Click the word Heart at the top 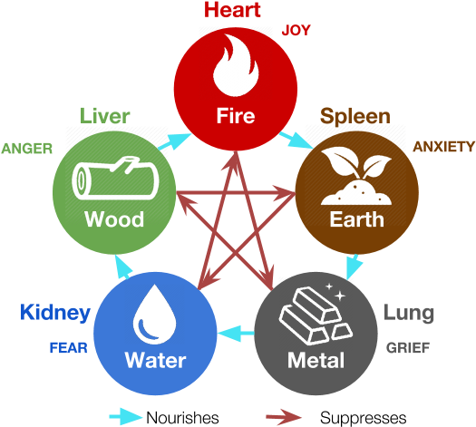pyautogui.click(x=232, y=10)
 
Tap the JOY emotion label pyautogui.click(x=296, y=30)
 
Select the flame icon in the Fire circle pyautogui.click(x=236, y=65)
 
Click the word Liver pyautogui.click(x=105, y=116)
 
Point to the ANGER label pyautogui.click(x=26, y=149)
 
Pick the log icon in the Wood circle pyautogui.click(x=115, y=179)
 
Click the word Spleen pyautogui.click(x=355, y=117)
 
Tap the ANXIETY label pyautogui.click(x=443, y=147)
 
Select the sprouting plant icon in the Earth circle pyautogui.click(x=356, y=176)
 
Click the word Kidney pyautogui.click(x=55, y=313)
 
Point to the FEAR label pyautogui.click(x=69, y=348)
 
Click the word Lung pyautogui.click(x=409, y=314)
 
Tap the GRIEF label pyautogui.click(x=408, y=348)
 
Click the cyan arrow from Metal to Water pyautogui.click(x=236, y=334)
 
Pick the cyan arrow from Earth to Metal pyautogui.click(x=354, y=266)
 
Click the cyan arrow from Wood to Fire pyautogui.click(x=174, y=141)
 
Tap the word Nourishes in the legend pyautogui.click(x=182, y=418)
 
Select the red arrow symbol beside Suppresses pyautogui.click(x=284, y=417)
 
